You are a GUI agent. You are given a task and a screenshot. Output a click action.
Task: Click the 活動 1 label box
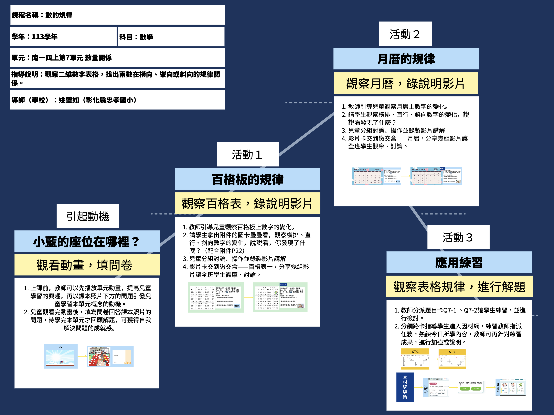(x=247, y=154)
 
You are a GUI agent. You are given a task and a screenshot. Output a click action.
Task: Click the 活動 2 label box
(x=405, y=34)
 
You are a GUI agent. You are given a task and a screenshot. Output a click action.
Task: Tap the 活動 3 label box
(x=458, y=237)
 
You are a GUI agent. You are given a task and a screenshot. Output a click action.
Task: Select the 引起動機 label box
(x=87, y=216)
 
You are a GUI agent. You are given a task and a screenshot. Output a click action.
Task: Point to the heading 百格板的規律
(x=247, y=179)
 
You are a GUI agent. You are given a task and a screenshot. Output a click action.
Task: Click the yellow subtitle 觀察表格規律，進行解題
(x=459, y=287)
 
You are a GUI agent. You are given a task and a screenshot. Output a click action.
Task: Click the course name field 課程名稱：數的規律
(x=117, y=15)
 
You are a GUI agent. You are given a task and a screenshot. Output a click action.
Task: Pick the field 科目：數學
(x=171, y=37)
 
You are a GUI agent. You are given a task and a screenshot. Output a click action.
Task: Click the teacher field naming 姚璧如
(x=117, y=100)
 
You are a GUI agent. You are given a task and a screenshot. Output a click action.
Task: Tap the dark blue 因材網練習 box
(x=405, y=387)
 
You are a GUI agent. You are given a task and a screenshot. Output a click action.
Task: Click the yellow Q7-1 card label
(x=415, y=351)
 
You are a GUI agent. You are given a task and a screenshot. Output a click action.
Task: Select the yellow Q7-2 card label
(x=452, y=352)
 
